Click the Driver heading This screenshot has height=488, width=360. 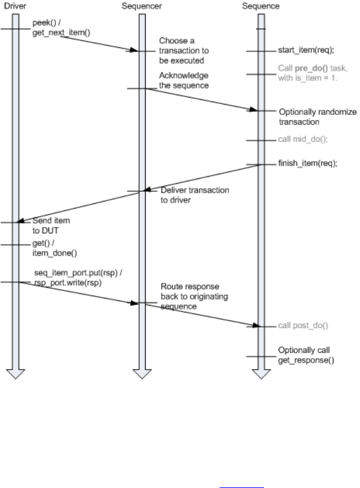(x=13, y=6)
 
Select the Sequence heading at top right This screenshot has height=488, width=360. (x=262, y=6)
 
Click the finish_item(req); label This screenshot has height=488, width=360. (x=308, y=163)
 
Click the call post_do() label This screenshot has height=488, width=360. (x=303, y=325)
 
